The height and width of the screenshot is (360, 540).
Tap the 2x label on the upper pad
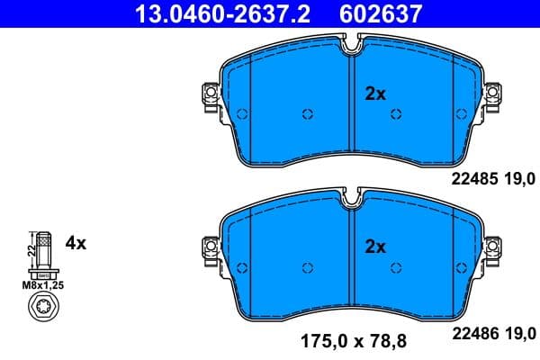374,93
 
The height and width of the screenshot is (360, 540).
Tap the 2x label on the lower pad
374,246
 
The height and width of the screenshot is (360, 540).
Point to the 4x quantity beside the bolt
76,242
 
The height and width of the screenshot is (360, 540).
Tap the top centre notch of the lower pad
351,194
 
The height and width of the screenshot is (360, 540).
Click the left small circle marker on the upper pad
307,114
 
